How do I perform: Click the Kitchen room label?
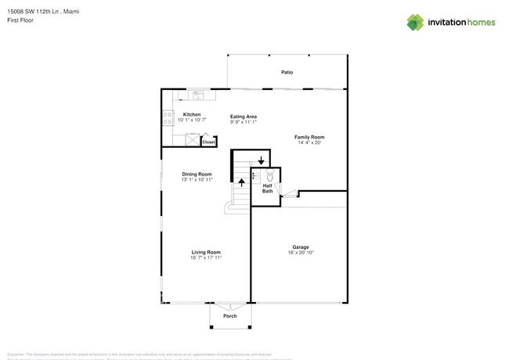192,115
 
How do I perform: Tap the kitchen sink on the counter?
197,95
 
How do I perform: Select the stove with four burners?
168,118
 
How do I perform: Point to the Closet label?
208,142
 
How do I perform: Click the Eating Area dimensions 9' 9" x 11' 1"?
244,122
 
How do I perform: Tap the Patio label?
287,72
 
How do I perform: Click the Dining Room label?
197,175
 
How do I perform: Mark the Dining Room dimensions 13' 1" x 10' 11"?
197,180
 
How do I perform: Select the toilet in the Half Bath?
270,176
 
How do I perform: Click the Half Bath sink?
255,177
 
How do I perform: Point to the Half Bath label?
267,189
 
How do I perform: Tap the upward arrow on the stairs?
241,182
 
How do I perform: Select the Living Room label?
206,252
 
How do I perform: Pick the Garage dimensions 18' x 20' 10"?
301,253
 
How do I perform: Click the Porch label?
230,316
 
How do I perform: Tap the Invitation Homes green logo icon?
415,23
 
